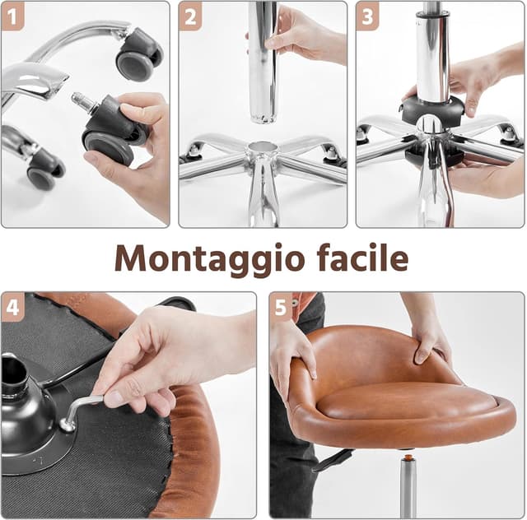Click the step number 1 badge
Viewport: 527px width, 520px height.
tap(12, 15)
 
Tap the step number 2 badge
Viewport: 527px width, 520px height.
tap(190, 15)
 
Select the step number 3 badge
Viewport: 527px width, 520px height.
tap(367, 15)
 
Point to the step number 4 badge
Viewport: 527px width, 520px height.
tap(12, 306)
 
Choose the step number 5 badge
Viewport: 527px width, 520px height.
tap(282, 306)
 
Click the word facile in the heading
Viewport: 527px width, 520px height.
tap(358, 258)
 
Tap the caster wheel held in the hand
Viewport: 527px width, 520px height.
tap(111, 136)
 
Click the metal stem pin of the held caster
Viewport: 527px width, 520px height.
tap(83, 101)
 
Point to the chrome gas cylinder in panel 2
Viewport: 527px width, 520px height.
tap(263, 62)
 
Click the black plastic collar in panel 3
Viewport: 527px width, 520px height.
tap(432, 110)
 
